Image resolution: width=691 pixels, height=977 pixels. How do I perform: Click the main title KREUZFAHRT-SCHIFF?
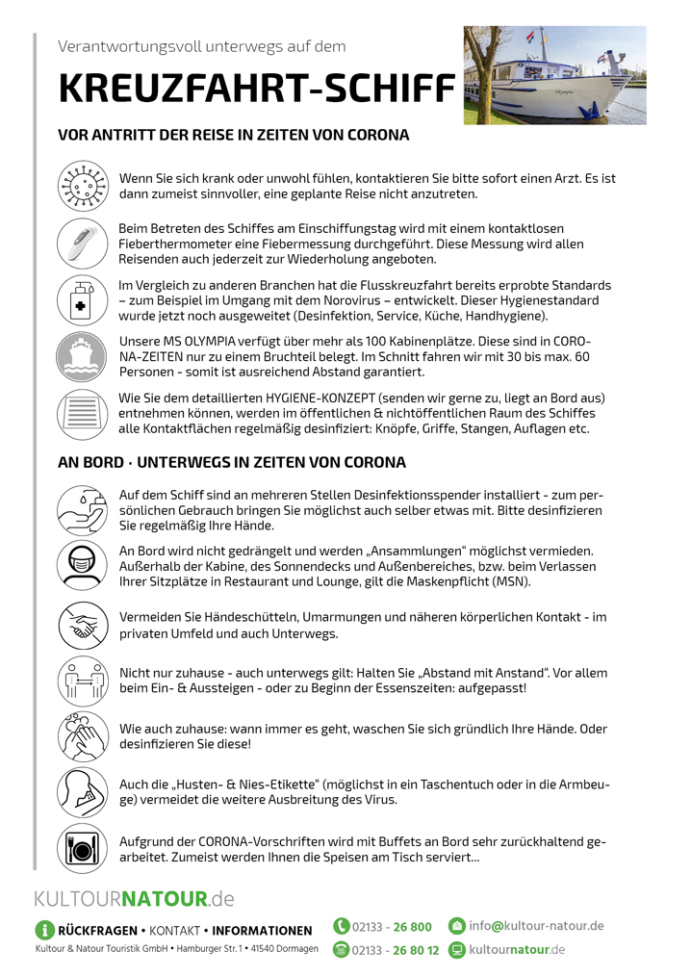click(x=256, y=88)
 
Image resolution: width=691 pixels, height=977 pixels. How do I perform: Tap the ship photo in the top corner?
click(x=554, y=75)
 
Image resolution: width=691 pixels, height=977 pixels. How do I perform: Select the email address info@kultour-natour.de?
click(x=536, y=926)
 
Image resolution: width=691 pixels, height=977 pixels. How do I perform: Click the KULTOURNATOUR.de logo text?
click(x=135, y=900)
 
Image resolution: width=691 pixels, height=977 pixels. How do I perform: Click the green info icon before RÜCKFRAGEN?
click(x=44, y=930)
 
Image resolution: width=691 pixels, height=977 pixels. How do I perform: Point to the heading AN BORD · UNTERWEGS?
click(x=232, y=462)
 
